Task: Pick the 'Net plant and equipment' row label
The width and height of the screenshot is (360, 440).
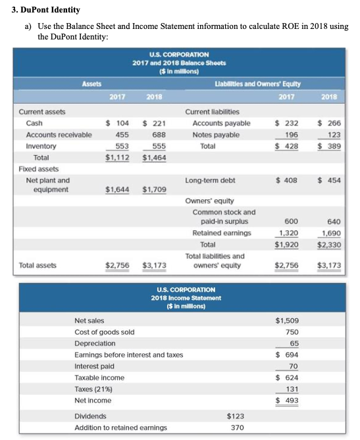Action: [47, 184]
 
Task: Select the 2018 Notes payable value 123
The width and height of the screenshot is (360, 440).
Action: [331, 135]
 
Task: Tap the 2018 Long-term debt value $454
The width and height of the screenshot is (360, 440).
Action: [329, 180]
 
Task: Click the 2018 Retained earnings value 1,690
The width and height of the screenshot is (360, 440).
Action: [329, 233]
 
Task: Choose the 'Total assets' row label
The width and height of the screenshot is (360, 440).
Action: [38, 266]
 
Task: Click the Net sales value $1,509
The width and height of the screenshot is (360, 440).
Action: [286, 320]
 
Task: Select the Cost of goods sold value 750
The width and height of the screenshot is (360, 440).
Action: [292, 332]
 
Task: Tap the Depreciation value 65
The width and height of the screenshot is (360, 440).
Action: [294, 343]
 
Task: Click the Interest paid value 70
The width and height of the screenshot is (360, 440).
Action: [294, 366]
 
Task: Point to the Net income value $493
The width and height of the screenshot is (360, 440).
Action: [288, 401]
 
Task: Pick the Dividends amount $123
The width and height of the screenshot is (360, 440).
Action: [235, 416]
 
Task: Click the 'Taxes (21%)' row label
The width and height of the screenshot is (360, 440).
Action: [93, 389]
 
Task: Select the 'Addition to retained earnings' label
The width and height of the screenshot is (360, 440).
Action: [120, 428]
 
